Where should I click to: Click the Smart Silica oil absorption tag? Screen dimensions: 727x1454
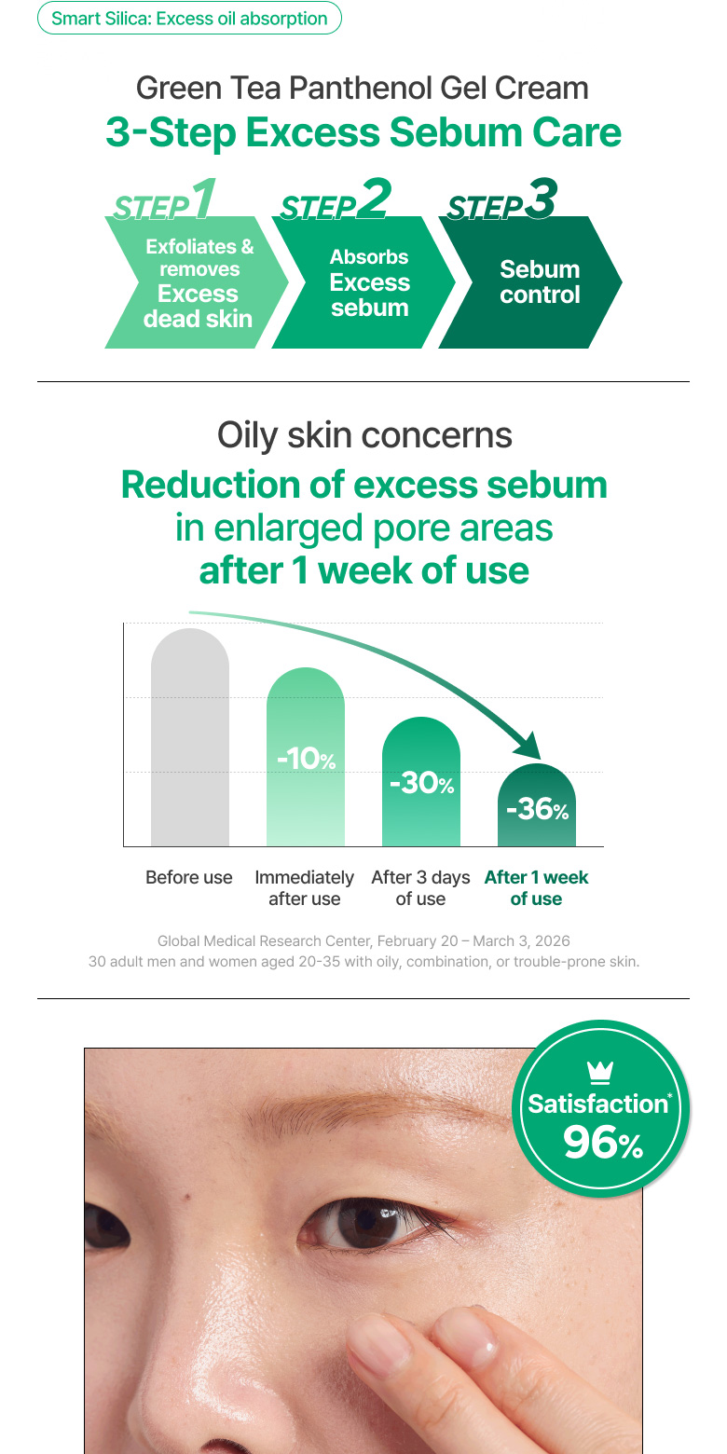(189, 19)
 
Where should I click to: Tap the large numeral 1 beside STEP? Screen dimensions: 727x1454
(204, 198)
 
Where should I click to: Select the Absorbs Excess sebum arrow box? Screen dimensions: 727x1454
(363, 282)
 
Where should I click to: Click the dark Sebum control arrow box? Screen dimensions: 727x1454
(530, 282)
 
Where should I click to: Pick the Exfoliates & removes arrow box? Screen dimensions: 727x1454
(197, 282)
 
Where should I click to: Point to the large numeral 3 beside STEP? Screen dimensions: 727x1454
(542, 198)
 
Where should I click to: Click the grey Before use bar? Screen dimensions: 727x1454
(189, 737)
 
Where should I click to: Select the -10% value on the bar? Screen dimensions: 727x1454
(306, 759)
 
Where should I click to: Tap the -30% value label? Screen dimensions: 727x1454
(421, 783)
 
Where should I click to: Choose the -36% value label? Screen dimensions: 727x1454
(537, 809)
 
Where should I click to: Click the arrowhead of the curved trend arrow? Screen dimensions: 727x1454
(528, 747)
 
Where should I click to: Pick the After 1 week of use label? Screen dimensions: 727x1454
(536, 888)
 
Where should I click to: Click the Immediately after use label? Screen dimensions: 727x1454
(305, 888)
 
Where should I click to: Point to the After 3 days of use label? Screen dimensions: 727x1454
(420, 888)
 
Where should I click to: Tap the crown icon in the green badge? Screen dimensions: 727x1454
(600, 1073)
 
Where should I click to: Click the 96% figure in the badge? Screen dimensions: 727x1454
(603, 1143)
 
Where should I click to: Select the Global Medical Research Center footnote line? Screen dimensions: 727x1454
(363, 941)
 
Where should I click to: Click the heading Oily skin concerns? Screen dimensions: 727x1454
(364, 435)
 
